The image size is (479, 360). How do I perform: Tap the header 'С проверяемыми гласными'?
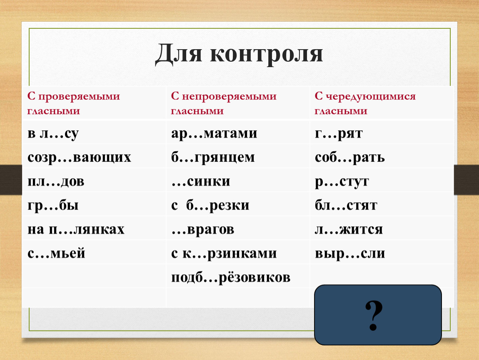[74, 103]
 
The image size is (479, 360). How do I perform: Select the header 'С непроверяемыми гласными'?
[224, 103]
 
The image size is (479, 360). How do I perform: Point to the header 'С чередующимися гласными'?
[365, 103]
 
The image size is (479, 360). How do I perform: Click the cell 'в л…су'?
[53, 134]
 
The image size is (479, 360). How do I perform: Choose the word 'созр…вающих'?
[79, 157]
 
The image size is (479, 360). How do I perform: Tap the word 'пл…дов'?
[56, 181]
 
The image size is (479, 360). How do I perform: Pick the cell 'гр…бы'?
[53, 205]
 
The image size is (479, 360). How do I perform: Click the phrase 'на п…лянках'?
[76, 229]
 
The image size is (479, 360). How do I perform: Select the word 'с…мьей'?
[56, 253]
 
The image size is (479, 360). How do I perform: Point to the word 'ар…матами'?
[214, 134]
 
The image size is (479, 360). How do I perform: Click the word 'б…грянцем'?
[213, 157]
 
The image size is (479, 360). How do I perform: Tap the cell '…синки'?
[201, 182]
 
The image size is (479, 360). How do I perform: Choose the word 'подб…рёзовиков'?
[231, 277]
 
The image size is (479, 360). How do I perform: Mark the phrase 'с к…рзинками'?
[224, 253]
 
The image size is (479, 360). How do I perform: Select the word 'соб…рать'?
[350, 157]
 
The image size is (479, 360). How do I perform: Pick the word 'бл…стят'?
[346, 205]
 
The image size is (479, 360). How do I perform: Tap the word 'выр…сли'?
[350, 254]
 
